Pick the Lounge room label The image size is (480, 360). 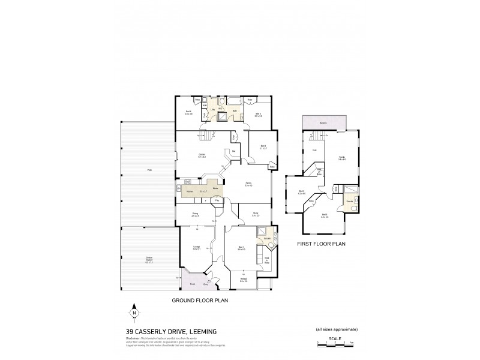(x=196, y=247)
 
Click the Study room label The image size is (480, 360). (x=254, y=214)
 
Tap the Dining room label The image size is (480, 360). (x=195, y=214)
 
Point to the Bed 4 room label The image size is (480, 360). (x=188, y=112)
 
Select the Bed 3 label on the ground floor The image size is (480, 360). (x=257, y=114)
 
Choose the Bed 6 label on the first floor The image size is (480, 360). (x=324, y=215)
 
